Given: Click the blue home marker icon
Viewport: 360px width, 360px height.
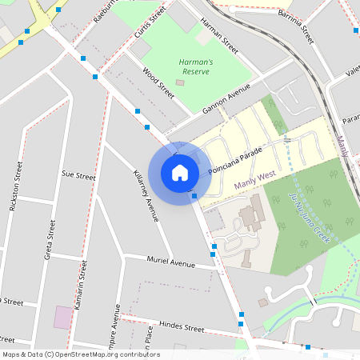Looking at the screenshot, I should coord(180,172).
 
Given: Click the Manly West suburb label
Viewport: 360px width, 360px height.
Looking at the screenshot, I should coord(255,182).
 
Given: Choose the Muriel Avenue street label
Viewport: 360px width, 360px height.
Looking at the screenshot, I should coord(170,262).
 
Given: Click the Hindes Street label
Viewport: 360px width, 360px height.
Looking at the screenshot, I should coord(182,327).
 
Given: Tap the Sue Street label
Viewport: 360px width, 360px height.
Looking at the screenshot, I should coord(78,174).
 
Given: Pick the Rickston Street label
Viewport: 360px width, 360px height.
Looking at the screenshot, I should coord(15,187).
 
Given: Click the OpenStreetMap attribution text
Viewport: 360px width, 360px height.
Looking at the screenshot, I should coord(81,354).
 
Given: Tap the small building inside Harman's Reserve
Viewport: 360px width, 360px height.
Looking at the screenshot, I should coord(179,82).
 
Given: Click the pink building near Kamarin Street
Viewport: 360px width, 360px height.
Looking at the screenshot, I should coord(62,317).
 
